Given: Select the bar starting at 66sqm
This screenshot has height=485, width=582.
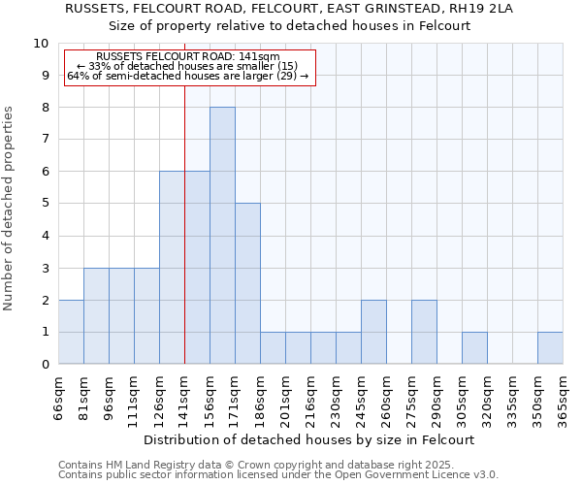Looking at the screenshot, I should pos(71,332).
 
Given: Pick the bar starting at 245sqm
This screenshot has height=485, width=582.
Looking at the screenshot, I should pos(373,332).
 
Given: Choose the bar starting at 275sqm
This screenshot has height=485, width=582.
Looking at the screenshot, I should pos(424,332).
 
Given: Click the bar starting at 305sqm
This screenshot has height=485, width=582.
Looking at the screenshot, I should pos(474,348).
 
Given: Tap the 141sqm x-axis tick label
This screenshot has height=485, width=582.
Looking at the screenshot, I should pos(184,399).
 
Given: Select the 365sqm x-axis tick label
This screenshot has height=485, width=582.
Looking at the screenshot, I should pos(563,399).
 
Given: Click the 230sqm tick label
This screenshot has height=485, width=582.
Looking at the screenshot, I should pos(336,399).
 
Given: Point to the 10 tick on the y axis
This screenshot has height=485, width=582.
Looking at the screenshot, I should pos(41,44).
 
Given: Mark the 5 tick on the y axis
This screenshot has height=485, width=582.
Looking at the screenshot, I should pos(45,204).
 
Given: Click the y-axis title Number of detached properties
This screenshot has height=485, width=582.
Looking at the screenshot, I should pos(10,209).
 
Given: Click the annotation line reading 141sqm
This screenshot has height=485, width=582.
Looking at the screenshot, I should pos(189,57).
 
